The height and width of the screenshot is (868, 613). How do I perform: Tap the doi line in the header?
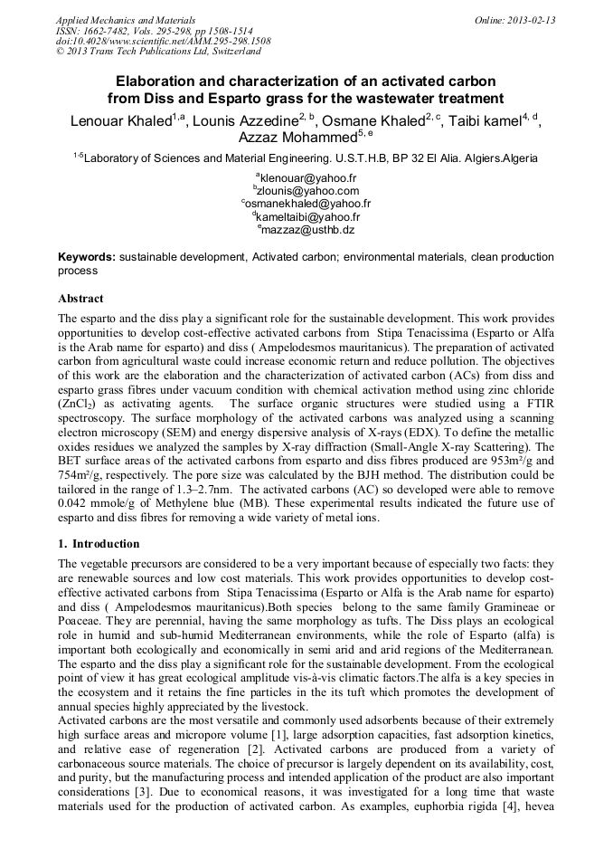pyautogui.click(x=163, y=42)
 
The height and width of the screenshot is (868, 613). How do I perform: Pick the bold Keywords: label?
pyautogui.click(x=87, y=257)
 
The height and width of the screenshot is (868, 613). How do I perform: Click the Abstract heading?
pyautogui.click(x=80, y=298)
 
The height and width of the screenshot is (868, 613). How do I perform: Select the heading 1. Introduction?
pyautogui.click(x=99, y=544)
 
